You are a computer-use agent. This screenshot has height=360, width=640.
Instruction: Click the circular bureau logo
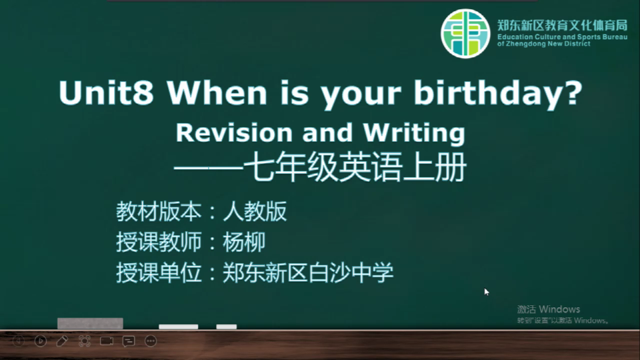(465, 33)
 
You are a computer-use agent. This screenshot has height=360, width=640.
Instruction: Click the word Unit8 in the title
(107, 93)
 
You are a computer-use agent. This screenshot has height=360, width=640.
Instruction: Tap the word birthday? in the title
(498, 94)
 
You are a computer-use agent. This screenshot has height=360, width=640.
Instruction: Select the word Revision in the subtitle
(234, 133)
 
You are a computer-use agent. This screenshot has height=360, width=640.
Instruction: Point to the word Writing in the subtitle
(414, 134)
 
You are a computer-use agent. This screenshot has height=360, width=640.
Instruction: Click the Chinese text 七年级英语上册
(355, 167)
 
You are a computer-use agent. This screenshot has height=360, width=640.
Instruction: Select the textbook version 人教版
(255, 211)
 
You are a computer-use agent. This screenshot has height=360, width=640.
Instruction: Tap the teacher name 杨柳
(244, 242)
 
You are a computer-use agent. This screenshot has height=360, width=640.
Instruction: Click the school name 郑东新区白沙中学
(308, 273)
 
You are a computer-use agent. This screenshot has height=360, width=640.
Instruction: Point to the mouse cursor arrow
(487, 292)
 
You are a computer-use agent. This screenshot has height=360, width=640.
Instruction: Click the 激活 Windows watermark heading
(548, 309)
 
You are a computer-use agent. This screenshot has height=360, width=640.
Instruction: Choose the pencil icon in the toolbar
(62, 341)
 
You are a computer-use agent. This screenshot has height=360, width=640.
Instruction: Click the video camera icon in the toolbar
(107, 341)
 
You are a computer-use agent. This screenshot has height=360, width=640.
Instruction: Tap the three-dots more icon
(151, 341)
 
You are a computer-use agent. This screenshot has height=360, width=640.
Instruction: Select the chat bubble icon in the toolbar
(129, 341)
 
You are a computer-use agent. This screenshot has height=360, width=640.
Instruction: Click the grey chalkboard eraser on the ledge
(90, 323)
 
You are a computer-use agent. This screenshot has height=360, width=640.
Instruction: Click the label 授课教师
(159, 242)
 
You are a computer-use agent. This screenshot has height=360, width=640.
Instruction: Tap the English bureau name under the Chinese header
(562, 40)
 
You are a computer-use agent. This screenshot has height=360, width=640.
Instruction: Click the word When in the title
(217, 93)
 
